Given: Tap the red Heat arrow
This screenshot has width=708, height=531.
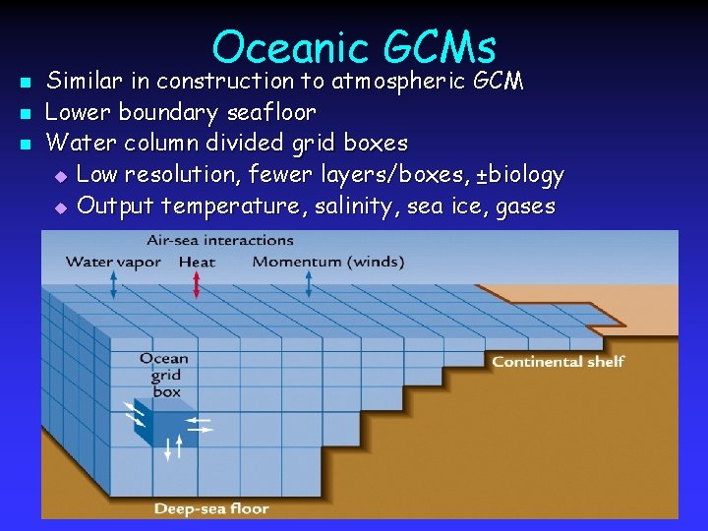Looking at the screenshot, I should coord(197,284).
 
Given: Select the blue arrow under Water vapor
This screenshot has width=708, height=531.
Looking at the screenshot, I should coord(113,284).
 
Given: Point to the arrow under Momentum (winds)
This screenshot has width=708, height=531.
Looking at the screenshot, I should coord(309,284).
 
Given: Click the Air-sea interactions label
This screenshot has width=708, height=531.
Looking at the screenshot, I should coord(220,240).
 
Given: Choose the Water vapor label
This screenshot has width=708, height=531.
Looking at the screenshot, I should coord(114,262).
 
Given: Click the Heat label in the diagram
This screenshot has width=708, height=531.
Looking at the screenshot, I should coord(198,262).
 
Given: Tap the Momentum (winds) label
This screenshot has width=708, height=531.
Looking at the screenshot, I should coord(328,262).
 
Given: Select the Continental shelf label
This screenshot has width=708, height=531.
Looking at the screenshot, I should coord(558,362).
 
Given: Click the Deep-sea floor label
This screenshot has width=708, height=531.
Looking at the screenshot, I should coord(211,508).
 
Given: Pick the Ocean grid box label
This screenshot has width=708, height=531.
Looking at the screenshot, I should coord(165,375).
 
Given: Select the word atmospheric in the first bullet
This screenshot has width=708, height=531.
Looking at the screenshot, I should coord(395,81).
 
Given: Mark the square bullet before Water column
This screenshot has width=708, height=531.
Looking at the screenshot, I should coord(27,145).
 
